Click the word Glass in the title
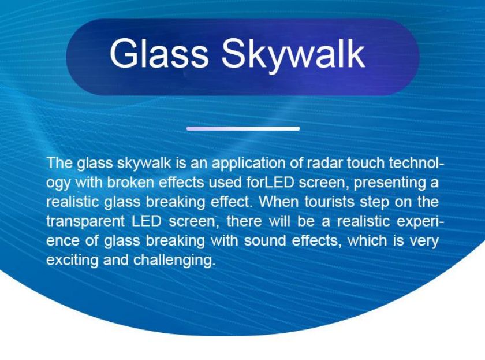pos(159,53)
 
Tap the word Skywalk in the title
pos(293,55)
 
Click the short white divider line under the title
pos(243,128)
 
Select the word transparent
pos(85,222)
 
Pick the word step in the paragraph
pos(375,202)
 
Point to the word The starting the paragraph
pos(59,163)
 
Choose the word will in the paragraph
pos(279,221)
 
